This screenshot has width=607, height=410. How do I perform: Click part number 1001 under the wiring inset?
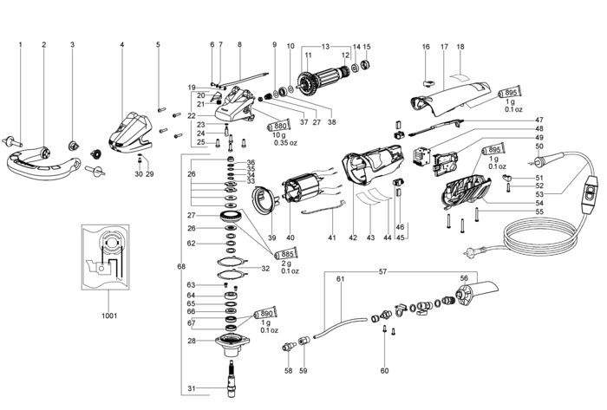109,316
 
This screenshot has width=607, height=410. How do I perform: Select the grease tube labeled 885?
285,254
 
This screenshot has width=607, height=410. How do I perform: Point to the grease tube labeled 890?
264,313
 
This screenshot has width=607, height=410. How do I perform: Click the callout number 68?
181,266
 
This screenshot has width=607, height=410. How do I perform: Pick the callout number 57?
382,272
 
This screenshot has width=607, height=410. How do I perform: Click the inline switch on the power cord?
589,194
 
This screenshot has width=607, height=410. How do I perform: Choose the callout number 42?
353,238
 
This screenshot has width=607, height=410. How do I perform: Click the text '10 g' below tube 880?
279,135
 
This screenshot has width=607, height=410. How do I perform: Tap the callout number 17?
444,47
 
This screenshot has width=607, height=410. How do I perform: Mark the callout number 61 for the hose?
340,278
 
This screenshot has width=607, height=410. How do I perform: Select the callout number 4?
122,44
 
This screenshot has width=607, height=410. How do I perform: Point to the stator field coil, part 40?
303,192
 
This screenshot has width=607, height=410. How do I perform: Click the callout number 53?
539,194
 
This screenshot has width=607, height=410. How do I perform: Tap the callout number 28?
192,341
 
